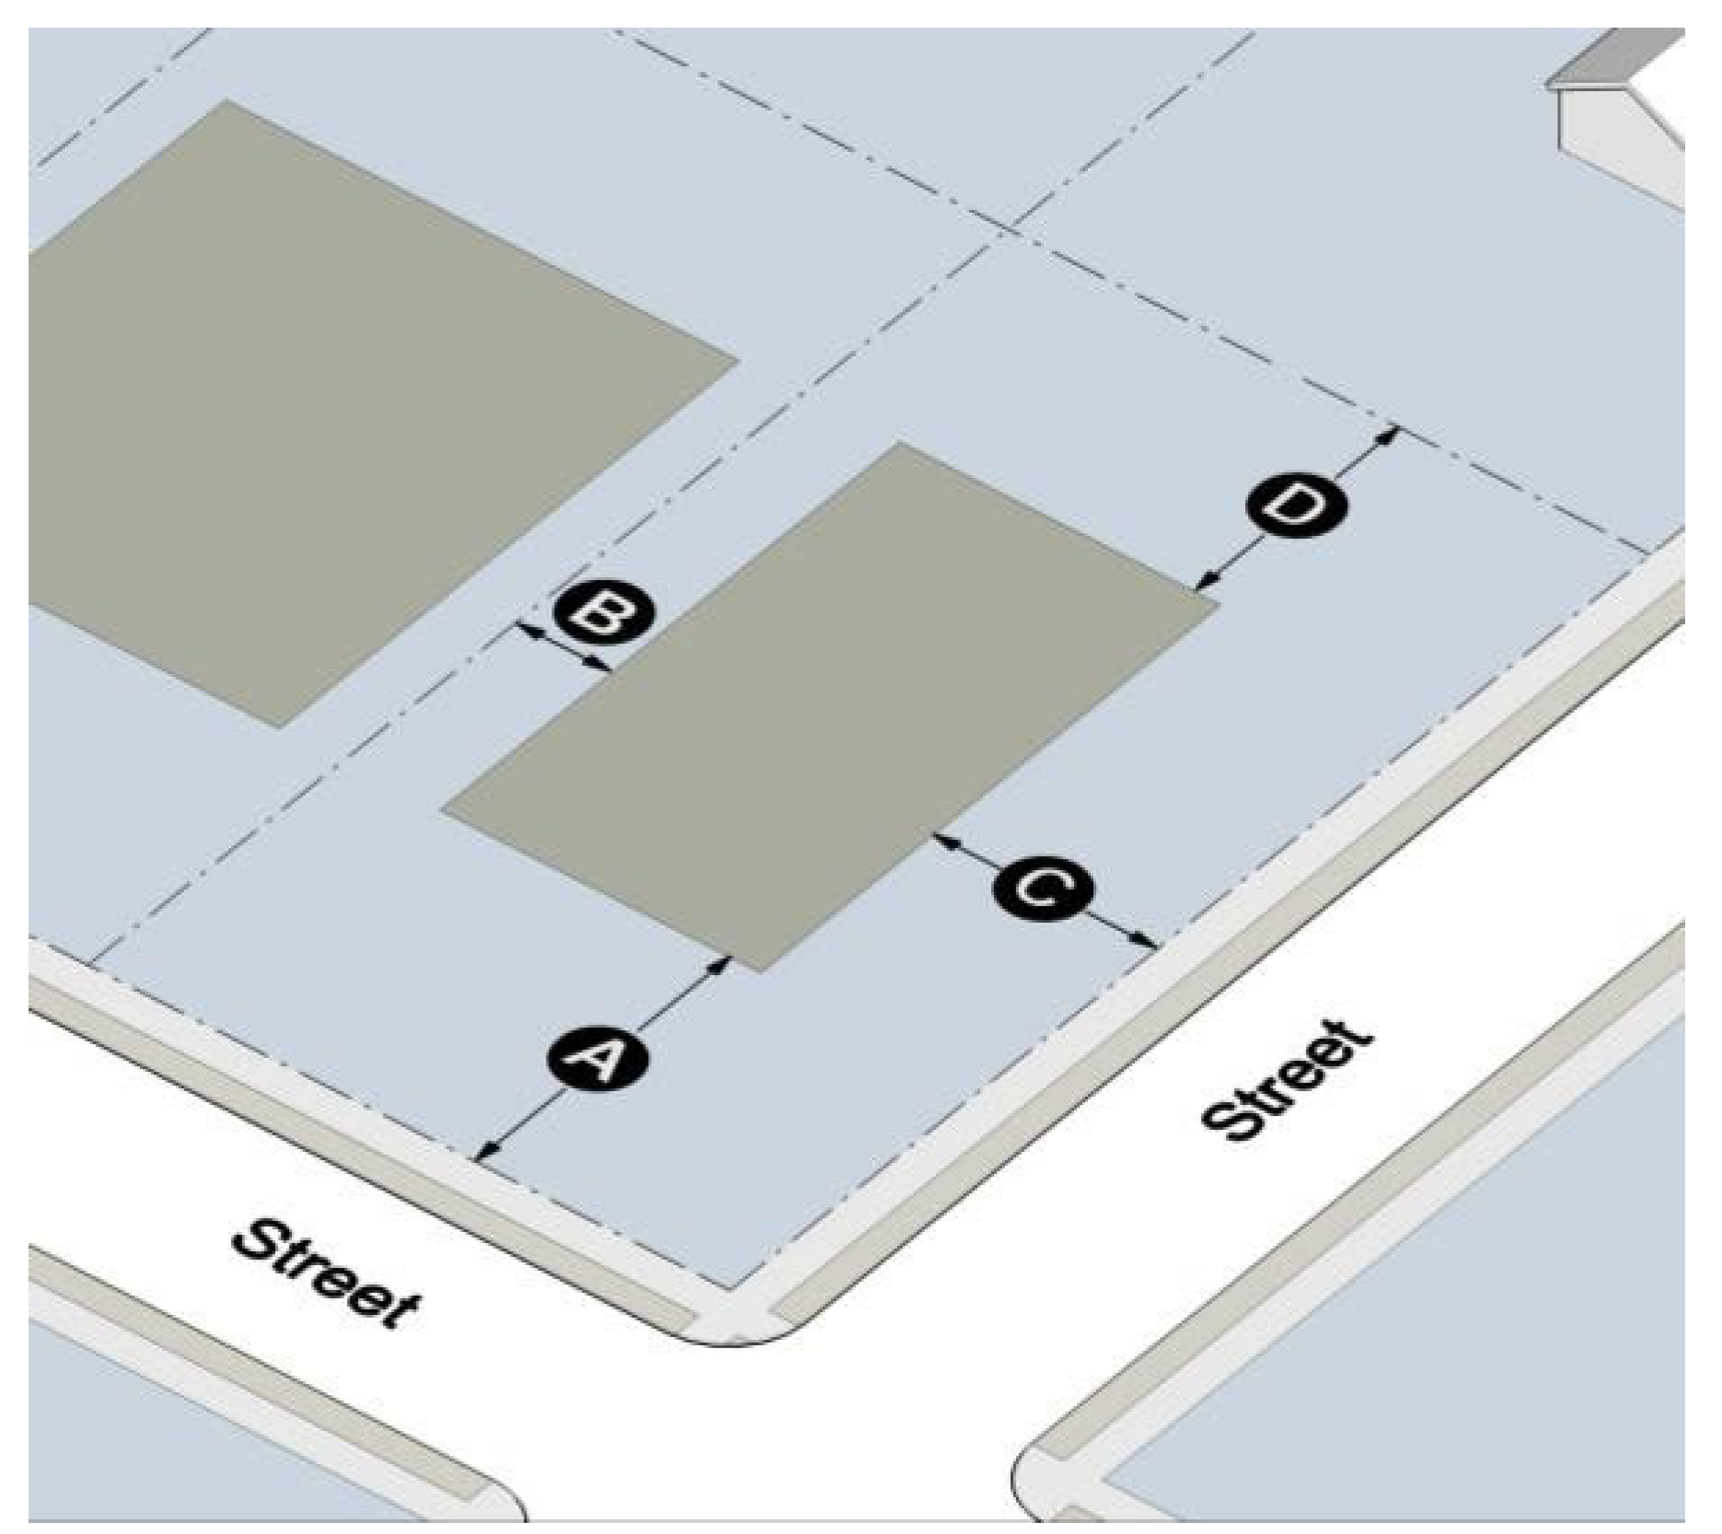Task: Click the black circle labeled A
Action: pyautogui.click(x=599, y=1060)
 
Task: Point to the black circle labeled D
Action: pyautogui.click(x=1296, y=505)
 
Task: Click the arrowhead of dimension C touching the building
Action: pyautogui.click(x=939, y=838)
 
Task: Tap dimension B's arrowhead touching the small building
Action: pyautogui.click(x=603, y=665)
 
